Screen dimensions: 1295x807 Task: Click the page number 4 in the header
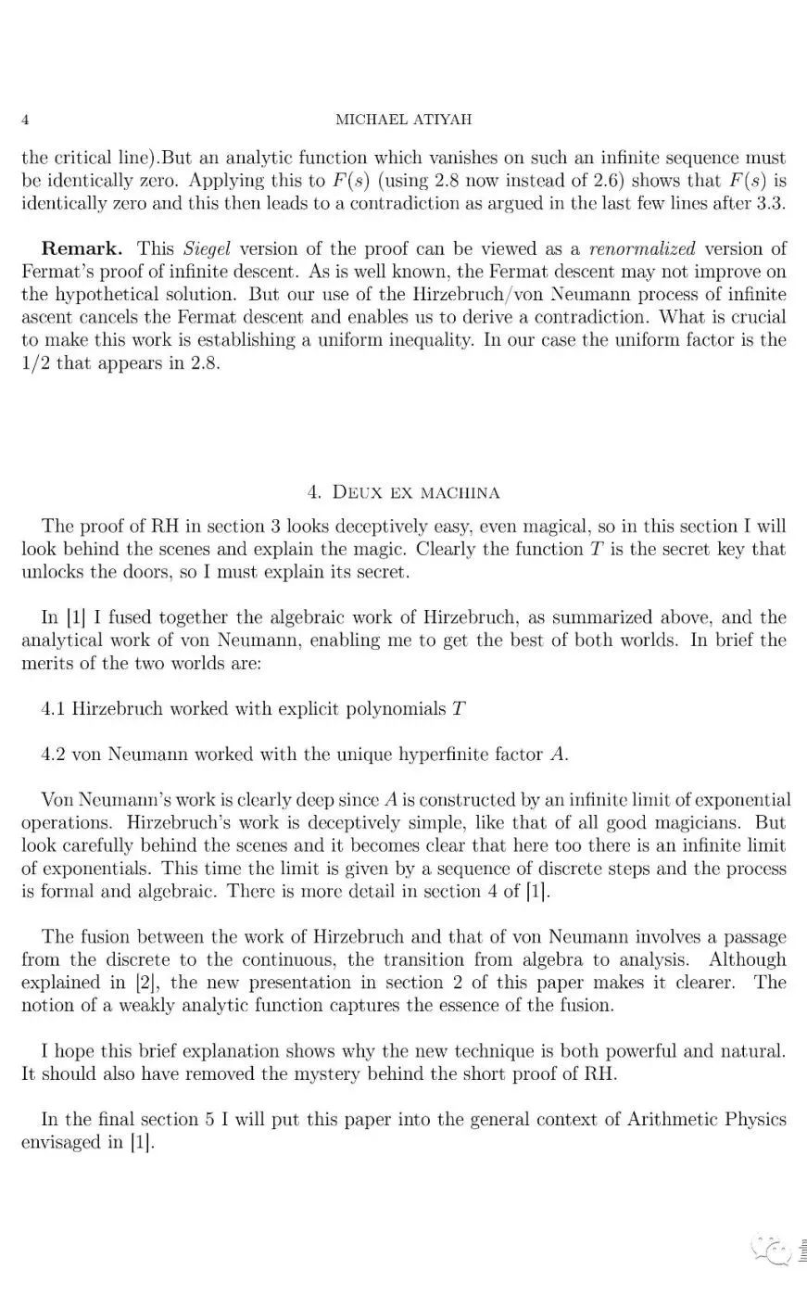25,120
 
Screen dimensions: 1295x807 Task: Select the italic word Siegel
207,248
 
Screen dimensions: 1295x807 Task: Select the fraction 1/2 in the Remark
37,362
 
